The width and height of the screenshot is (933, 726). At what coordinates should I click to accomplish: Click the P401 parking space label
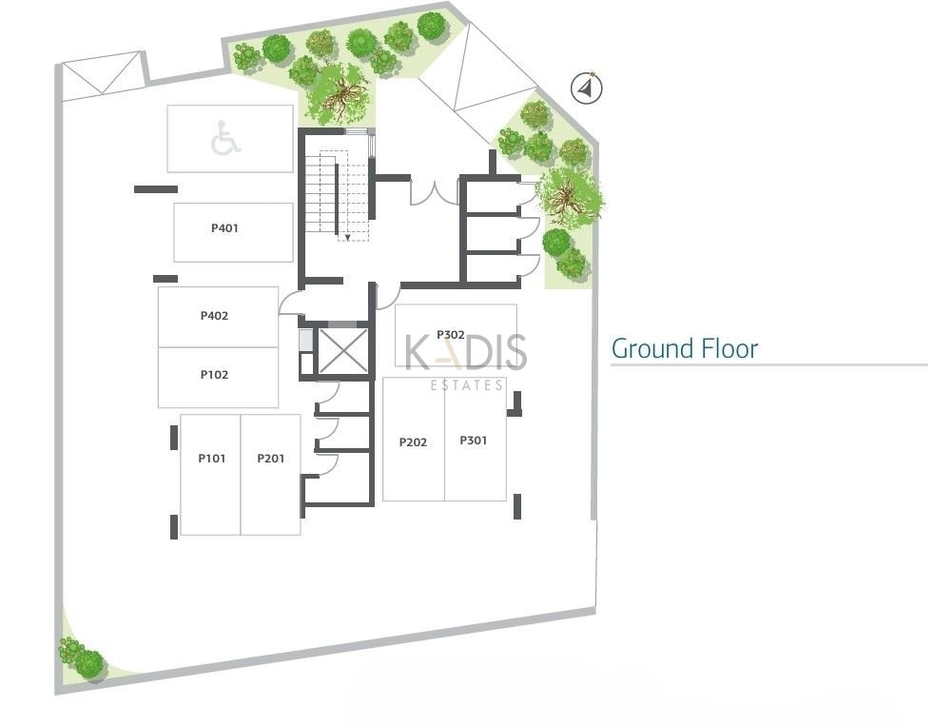point(224,228)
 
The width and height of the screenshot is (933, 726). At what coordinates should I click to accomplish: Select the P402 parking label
point(214,315)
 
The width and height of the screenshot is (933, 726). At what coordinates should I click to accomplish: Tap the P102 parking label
point(214,375)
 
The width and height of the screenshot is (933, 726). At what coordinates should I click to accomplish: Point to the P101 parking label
point(212,459)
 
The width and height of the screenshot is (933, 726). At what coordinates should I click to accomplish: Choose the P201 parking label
point(271,459)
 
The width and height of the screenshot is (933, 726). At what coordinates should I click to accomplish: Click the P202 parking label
point(413,442)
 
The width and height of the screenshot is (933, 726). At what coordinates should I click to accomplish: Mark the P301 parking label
point(474,441)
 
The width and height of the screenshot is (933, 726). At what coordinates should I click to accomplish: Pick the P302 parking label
point(451,335)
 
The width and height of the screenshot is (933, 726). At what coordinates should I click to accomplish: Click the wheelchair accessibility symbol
point(225,138)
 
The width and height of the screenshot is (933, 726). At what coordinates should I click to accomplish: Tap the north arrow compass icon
point(586,88)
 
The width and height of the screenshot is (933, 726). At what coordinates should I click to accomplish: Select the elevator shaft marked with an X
point(343,352)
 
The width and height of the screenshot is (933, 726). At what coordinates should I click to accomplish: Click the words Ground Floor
point(685,348)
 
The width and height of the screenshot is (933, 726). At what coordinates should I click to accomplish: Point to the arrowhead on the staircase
point(348,238)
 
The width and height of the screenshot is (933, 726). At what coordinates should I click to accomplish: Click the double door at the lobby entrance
point(435,193)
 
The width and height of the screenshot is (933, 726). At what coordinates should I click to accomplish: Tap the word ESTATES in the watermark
point(467,385)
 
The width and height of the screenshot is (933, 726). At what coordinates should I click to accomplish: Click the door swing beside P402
point(291,304)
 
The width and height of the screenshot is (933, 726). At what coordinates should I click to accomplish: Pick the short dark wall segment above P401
point(156,189)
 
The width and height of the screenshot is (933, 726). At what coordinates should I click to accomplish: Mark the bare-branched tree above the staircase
point(338,94)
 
